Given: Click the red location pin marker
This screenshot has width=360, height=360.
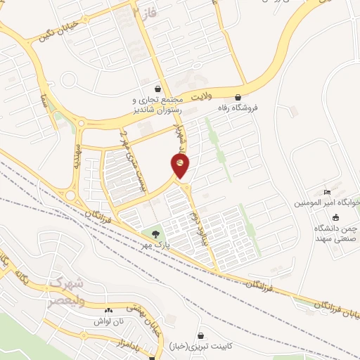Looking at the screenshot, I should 179,166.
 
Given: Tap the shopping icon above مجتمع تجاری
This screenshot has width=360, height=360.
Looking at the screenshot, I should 157,89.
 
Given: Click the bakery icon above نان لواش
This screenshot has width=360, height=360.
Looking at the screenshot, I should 108,310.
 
